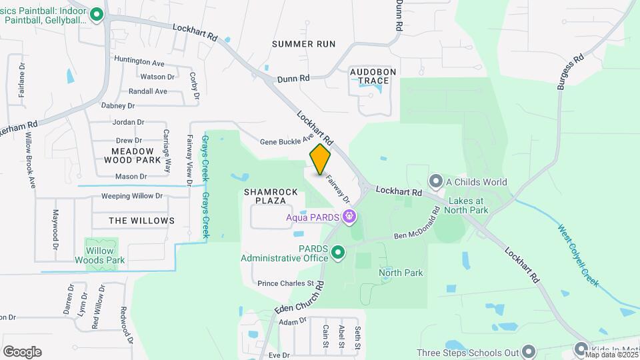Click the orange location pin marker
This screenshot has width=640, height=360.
coord(321,159)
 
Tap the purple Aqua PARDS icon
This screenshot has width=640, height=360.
coord(348,216)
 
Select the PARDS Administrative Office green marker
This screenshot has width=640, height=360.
coord(338,252)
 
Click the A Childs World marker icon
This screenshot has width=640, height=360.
coord(436,181)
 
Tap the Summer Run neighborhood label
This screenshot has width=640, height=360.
coord(303,43)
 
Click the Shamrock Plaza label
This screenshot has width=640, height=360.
coord(270,195)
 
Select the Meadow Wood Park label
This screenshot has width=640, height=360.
coord(132,155)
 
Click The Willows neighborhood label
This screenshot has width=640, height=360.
coord(141,220)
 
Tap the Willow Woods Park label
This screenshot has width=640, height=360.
coord(99,256)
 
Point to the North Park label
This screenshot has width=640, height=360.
coord(401,273)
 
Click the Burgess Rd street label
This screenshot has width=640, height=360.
coord(571,68)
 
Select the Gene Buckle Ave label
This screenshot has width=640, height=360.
coord(287,141)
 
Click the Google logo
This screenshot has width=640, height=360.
coord(22,351)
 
